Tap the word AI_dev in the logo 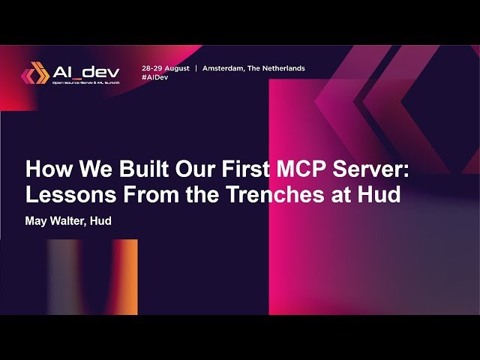pos(85,71)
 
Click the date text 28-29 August pos(165,68)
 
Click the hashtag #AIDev pos(154,77)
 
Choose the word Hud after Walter pos(101,222)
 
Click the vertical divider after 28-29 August pos(196,68)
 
